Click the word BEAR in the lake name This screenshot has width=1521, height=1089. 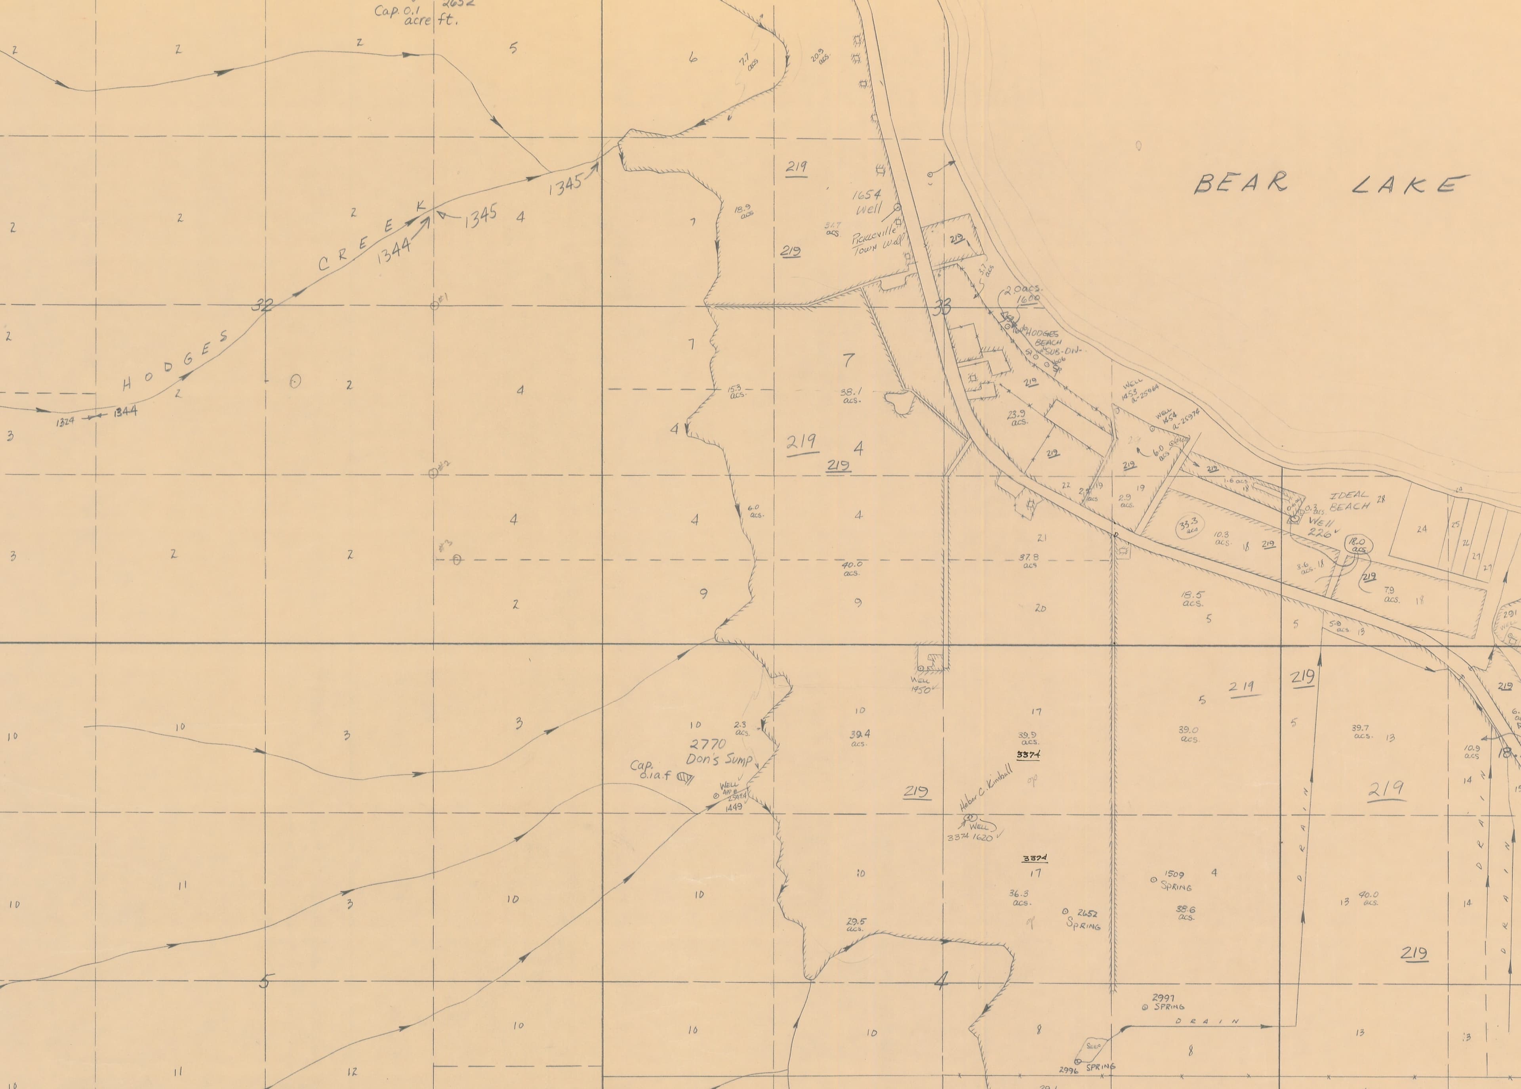pos(1240,183)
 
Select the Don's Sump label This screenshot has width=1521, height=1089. pos(718,760)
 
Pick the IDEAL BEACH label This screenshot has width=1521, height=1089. pos(1349,501)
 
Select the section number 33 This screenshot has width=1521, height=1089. pos(942,308)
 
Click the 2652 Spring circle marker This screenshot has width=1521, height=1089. pos(1065,911)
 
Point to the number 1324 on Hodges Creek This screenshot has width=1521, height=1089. pos(66,422)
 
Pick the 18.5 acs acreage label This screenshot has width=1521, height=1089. pos(1193,598)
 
